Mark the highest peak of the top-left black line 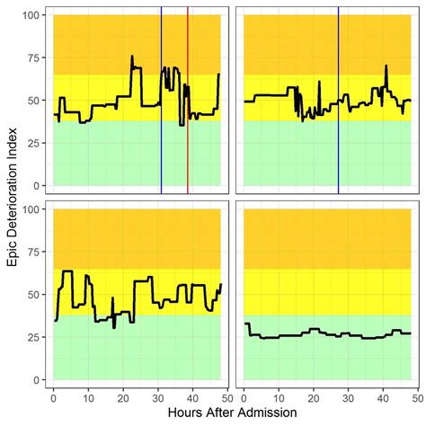[132, 57]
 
